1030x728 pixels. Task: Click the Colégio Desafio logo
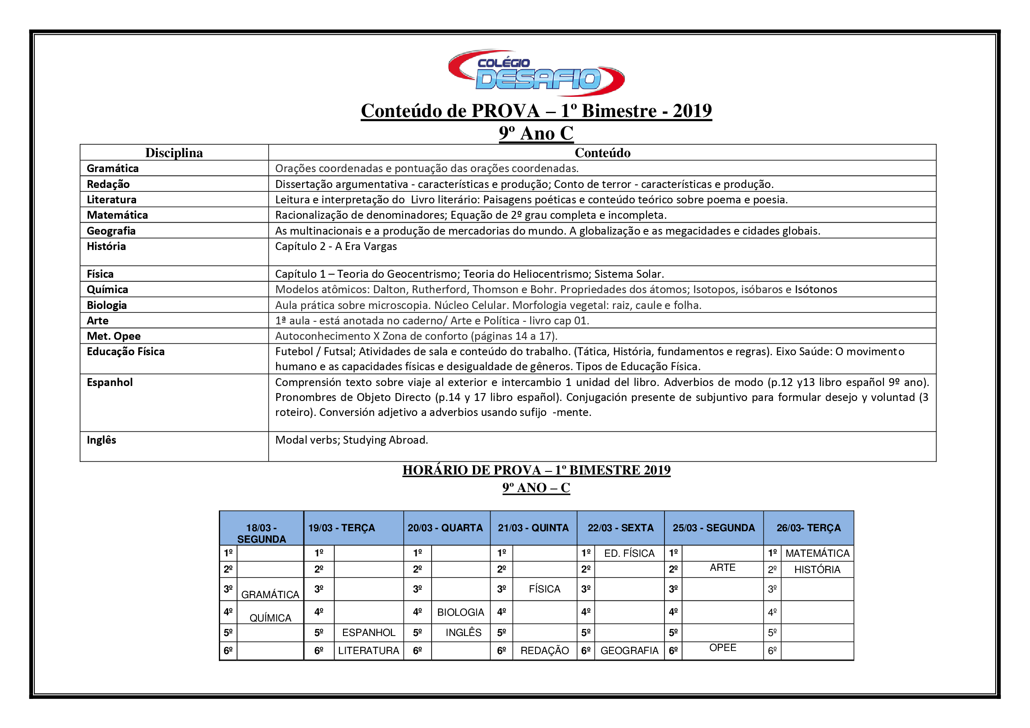tap(535, 73)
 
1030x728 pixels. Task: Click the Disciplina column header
tap(174, 153)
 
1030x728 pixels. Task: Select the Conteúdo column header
tap(602, 153)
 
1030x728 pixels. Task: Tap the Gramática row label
tap(113, 169)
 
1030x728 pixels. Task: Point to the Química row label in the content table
tap(107, 290)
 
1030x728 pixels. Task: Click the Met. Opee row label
tap(114, 336)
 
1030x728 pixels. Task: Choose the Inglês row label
tap(101, 440)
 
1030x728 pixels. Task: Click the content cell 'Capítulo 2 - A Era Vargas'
tap(336, 246)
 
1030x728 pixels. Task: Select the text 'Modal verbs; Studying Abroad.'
tap(351, 440)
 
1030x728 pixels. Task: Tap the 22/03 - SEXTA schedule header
tap(620, 528)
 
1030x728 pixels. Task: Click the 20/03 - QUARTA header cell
tap(445, 528)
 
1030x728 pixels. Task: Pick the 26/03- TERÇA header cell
tap(808, 528)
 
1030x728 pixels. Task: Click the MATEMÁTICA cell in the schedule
tap(817, 553)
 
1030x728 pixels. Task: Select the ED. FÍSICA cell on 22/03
tap(629, 553)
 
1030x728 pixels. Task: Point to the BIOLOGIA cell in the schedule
tap(460, 612)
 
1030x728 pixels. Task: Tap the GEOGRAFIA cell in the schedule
tap(629, 651)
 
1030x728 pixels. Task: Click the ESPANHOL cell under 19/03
tap(369, 632)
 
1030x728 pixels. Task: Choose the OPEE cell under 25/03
tap(722, 648)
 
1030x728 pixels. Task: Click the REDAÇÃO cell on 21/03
tap(544, 651)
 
